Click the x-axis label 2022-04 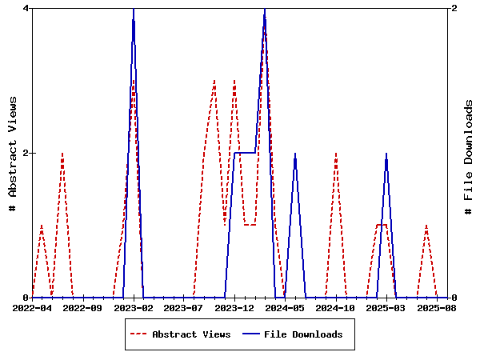tap(32, 307)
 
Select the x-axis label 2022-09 tap(82, 307)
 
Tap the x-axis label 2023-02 tap(133, 307)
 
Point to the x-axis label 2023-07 tap(184, 307)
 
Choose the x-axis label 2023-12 tap(234, 307)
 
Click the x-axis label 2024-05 tap(285, 307)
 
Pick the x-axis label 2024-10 tap(336, 307)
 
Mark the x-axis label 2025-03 tap(386, 307)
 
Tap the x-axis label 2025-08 tap(437, 307)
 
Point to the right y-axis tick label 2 tap(454, 8)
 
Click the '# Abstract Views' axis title tap(12, 153)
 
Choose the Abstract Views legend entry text tap(191, 334)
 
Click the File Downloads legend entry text tap(303, 334)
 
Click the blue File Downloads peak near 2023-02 tap(133, 9)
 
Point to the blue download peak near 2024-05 tap(295, 154)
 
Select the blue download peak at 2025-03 tap(386, 154)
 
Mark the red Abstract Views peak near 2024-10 tap(336, 154)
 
